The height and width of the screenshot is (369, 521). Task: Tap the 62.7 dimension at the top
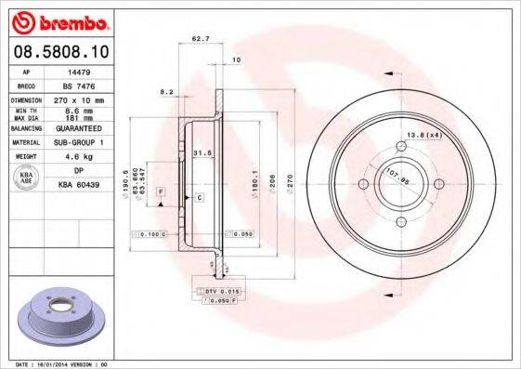tap(198, 39)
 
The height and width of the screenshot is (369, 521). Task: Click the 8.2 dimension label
tap(167, 92)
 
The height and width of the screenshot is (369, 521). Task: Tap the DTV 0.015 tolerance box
tap(216, 292)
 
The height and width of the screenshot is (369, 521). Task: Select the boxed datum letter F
tap(161, 190)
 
